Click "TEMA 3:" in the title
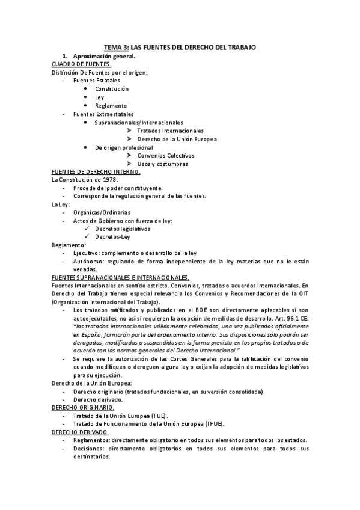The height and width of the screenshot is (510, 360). pyautogui.click(x=116, y=46)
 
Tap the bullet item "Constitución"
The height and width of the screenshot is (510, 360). pyautogui.click(x=112, y=88)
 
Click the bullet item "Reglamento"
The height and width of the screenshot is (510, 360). pyautogui.click(x=111, y=105)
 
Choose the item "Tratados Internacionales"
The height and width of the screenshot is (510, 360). pyautogui.click(x=170, y=131)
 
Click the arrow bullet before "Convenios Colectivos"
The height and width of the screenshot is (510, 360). pyautogui.click(x=130, y=155)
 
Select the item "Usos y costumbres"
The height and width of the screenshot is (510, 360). pyautogui.click(x=162, y=164)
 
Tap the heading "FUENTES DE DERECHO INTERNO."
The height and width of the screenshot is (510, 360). pyautogui.click(x=96, y=171)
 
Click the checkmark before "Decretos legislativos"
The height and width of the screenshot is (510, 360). pyautogui.click(x=88, y=229)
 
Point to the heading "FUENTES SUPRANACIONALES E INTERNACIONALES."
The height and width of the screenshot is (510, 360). pyautogui.click(x=121, y=277)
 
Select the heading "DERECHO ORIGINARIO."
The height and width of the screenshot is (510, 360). pyautogui.click(x=80, y=407)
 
